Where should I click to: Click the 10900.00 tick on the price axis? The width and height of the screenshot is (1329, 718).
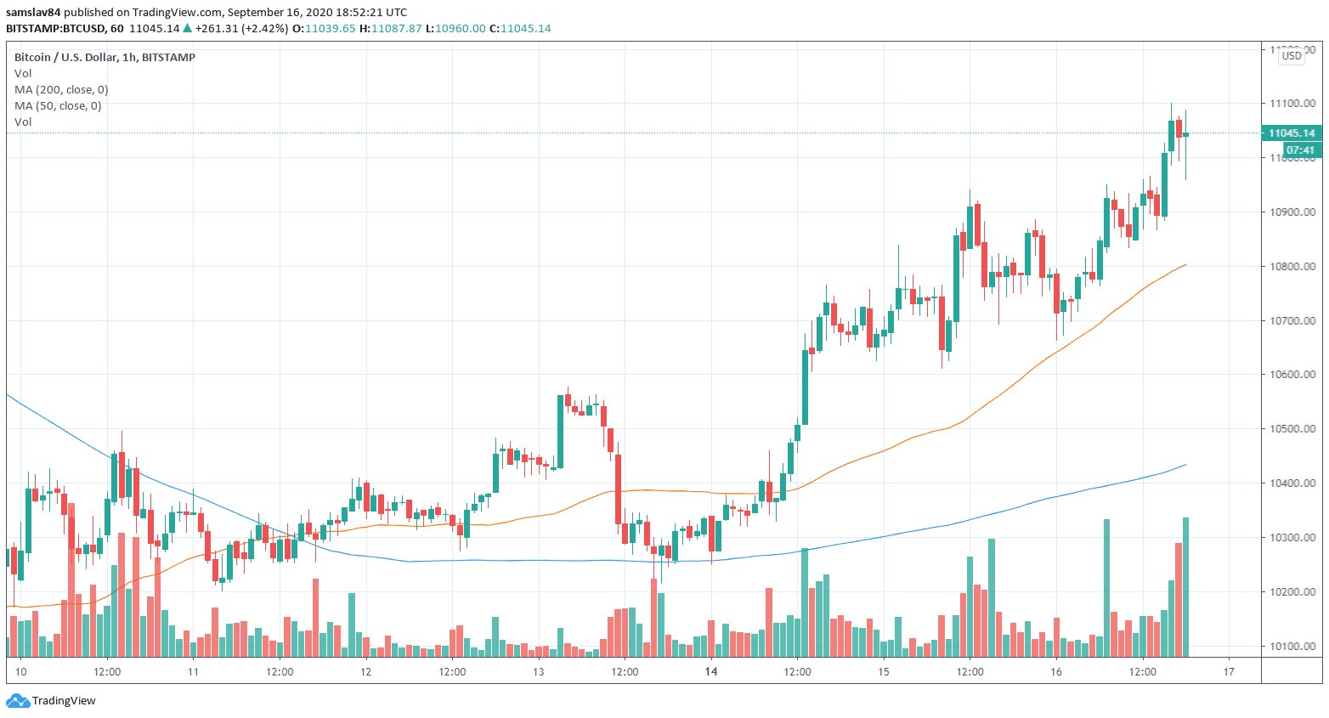click(1292, 212)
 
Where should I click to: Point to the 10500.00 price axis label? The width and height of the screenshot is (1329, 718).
click(1292, 428)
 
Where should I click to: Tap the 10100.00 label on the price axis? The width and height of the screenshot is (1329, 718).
click(1292, 646)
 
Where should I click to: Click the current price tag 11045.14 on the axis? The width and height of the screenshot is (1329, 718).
click(1291, 133)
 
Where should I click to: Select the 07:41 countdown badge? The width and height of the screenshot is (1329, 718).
click(1300, 150)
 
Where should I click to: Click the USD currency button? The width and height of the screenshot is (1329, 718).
click(1292, 55)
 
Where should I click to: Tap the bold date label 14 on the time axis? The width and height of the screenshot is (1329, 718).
click(711, 671)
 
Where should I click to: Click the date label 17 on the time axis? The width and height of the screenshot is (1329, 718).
click(1229, 671)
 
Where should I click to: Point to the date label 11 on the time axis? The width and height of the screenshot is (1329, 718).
click(193, 671)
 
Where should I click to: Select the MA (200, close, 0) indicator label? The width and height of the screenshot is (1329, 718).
click(61, 89)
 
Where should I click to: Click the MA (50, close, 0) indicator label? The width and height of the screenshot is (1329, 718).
click(58, 105)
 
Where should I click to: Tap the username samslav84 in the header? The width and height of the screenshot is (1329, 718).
click(33, 12)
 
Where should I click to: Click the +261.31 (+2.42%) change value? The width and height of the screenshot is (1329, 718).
click(241, 28)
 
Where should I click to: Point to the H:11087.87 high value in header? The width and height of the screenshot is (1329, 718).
click(390, 28)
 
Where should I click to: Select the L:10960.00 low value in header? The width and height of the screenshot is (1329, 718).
click(455, 28)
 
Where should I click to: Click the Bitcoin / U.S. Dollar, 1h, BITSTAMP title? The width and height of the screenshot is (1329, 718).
click(105, 57)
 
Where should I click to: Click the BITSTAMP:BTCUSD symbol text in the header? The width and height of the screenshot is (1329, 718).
click(56, 28)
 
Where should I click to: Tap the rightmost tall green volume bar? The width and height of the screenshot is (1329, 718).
click(1185, 586)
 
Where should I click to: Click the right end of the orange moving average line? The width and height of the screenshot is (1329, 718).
click(1185, 264)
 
